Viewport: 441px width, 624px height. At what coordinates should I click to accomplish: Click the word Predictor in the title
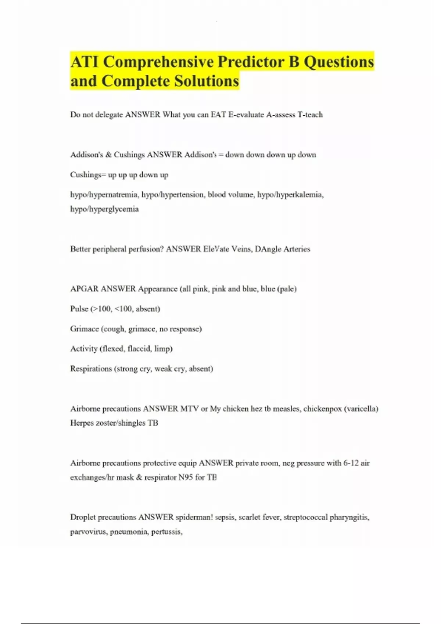251,62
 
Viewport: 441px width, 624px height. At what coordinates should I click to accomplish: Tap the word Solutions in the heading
207,81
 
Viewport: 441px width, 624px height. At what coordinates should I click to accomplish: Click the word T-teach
310,115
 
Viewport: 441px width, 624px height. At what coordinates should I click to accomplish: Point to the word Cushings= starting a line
88,175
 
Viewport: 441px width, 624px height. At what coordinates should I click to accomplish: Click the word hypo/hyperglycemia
104,209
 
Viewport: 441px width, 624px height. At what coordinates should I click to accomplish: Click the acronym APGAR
85,289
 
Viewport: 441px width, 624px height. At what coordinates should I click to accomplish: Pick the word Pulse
79,309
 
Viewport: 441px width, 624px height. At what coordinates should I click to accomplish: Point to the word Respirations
91,369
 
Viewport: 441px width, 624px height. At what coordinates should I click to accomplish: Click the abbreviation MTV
189,409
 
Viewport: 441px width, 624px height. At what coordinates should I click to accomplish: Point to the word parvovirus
88,532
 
